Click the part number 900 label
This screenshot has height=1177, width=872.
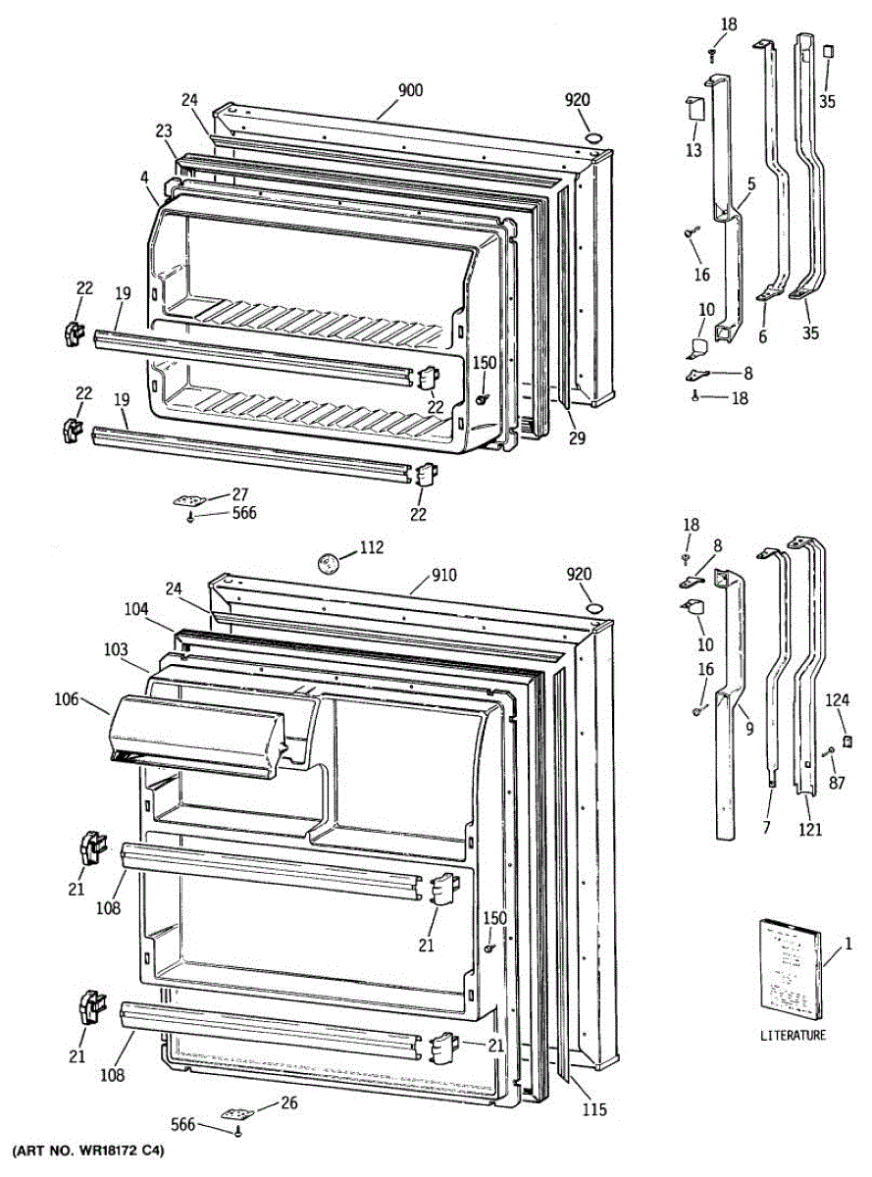click(410, 91)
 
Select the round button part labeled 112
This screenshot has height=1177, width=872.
click(328, 563)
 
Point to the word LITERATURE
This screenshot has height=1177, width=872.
click(793, 1035)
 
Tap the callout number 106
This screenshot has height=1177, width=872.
click(67, 698)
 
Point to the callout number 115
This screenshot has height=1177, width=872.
click(593, 1110)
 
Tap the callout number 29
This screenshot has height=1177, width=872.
click(576, 437)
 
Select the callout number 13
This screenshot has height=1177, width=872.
click(693, 149)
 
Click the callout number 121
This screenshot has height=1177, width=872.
click(809, 829)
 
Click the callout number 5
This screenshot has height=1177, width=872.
click(750, 182)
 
